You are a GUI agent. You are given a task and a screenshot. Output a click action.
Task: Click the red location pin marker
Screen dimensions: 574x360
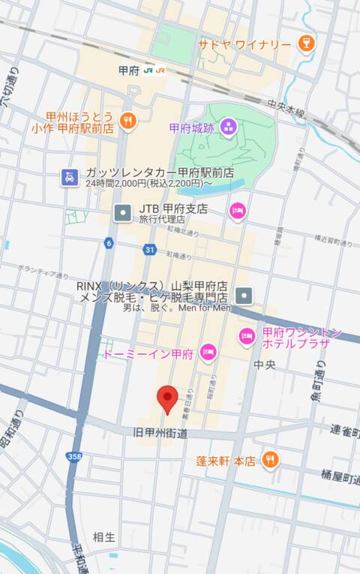pyautogui.click(x=166, y=399)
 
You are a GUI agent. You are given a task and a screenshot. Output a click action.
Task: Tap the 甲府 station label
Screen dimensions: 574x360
pyautogui.click(x=129, y=70)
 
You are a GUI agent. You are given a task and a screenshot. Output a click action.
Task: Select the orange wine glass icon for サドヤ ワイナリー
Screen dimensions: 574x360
pyautogui.click(x=305, y=44)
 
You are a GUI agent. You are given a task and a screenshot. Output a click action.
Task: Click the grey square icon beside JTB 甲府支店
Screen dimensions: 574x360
pyautogui.click(x=122, y=213)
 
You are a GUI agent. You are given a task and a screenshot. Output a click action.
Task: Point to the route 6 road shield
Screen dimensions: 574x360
pyautogui.click(x=109, y=242)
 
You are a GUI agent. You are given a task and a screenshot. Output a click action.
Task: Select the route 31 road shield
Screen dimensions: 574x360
pyautogui.click(x=150, y=250)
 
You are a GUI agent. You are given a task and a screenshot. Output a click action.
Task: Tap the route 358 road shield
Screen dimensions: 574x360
pyautogui.click(x=73, y=455)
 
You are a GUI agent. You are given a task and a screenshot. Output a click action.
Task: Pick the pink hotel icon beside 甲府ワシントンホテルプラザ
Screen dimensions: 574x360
pyautogui.click(x=247, y=337)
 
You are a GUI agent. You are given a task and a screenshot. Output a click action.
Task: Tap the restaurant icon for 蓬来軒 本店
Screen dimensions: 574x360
pyautogui.click(x=271, y=459)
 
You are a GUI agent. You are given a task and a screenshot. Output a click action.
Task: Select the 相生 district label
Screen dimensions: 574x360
pyautogui.click(x=104, y=536)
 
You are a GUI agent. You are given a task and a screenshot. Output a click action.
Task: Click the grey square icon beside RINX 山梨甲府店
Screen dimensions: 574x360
pyautogui.click(x=244, y=295)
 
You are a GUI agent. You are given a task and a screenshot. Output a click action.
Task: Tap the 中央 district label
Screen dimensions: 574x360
pyautogui.click(x=265, y=365)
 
